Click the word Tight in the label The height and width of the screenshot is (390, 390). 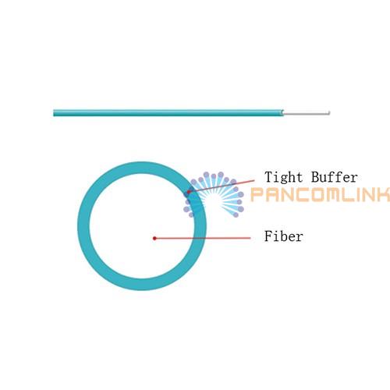click(284, 178)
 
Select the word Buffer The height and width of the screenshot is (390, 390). click(335, 177)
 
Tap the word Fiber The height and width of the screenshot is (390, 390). click(284, 236)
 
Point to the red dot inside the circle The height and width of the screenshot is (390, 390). click(154, 238)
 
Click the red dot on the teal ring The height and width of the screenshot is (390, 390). click(189, 192)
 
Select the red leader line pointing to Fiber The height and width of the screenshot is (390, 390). click(203, 238)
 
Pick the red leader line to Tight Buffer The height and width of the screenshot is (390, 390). click(222, 186)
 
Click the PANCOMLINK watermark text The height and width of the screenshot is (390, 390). click(321, 194)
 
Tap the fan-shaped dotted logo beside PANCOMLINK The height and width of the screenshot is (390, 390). click(214, 194)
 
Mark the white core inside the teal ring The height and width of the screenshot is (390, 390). click(142, 226)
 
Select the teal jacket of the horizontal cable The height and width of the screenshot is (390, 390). click(168, 113)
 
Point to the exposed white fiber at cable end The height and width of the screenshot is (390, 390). click(307, 113)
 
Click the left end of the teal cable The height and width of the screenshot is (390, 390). click(54, 113)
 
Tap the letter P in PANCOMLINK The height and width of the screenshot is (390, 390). click(258, 195)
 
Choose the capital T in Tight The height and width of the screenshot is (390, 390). click(269, 177)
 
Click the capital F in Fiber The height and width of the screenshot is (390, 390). click(269, 236)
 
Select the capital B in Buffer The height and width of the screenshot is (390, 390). click(316, 177)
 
